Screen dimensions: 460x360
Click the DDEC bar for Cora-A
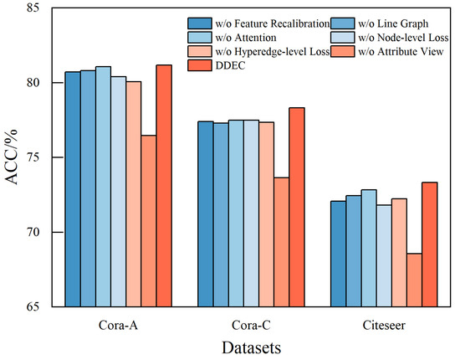coord(164,186)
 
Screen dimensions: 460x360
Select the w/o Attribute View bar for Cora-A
coord(149,221)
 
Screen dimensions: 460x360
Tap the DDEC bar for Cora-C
coord(297,208)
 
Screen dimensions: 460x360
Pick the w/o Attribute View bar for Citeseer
coord(414,280)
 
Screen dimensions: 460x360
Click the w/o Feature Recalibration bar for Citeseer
coord(338,254)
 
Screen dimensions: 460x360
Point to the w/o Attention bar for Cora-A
coord(103,187)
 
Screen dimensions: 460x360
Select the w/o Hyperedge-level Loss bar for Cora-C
coord(266,214)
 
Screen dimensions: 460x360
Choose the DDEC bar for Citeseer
coord(430,244)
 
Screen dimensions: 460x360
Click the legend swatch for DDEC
coord(200,65)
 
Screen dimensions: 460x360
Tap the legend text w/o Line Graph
coord(393,23)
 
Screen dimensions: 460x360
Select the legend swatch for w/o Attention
coord(200,38)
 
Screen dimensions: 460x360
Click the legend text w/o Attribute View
coord(401,52)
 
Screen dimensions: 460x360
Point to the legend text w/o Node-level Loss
coord(403,38)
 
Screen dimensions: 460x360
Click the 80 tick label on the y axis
coord(34,83)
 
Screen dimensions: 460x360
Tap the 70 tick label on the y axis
coord(34,232)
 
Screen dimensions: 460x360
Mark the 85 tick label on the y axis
coord(34,8)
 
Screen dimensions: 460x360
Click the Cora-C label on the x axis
coord(251,325)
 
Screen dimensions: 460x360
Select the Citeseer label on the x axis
coord(384,325)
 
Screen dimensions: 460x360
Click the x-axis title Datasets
coord(252,348)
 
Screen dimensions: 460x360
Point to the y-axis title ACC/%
coord(12,157)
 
